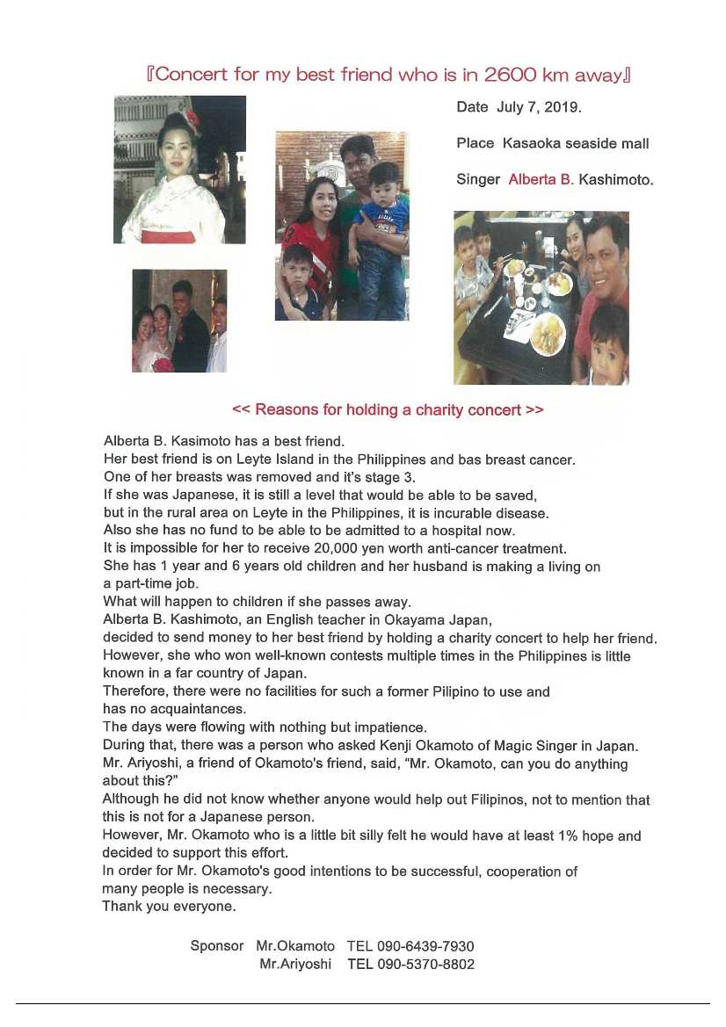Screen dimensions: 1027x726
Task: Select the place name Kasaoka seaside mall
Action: tap(576, 143)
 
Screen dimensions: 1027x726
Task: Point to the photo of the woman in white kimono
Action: tap(179, 170)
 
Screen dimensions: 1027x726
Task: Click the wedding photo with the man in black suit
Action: tap(179, 321)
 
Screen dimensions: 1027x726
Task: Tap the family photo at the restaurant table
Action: tap(541, 297)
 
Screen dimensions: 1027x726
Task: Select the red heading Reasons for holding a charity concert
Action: tap(388, 410)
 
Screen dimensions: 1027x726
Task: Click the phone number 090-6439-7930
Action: tap(425, 946)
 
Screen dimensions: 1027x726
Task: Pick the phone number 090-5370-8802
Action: tap(425, 964)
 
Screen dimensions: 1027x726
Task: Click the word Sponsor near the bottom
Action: tap(216, 946)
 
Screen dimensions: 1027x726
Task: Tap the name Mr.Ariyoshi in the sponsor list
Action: tap(295, 964)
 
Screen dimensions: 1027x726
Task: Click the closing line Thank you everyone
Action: tap(169, 907)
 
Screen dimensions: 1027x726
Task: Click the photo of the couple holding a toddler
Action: tap(341, 226)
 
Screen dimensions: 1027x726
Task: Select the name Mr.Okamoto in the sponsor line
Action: tap(295, 946)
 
